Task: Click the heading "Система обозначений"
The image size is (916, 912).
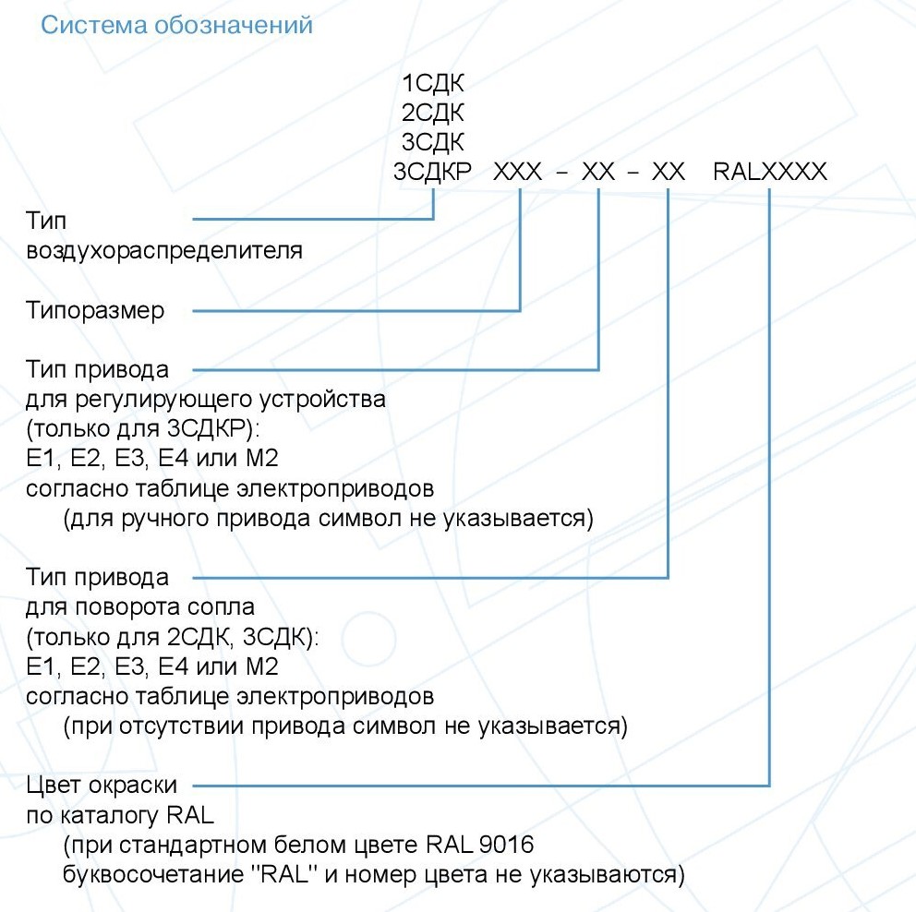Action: pos(176,25)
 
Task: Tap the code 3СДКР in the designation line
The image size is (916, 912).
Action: pos(432,172)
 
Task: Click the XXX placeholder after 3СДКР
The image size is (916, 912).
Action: pos(518,172)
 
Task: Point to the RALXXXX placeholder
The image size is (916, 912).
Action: pos(770,172)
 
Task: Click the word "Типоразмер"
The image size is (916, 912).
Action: pos(96,310)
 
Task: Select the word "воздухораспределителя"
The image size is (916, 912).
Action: pos(165,250)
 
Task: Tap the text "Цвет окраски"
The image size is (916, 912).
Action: pos(102,786)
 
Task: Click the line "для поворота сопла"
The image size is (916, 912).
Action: pos(140,607)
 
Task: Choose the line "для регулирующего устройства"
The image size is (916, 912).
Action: pos(207,400)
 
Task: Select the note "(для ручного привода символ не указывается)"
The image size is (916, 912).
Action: pos(328,518)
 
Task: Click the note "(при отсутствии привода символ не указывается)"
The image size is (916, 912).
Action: pos(345,726)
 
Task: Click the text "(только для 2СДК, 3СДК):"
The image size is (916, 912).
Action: pos(172,637)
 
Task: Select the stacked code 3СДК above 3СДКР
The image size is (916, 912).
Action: pos(432,143)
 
